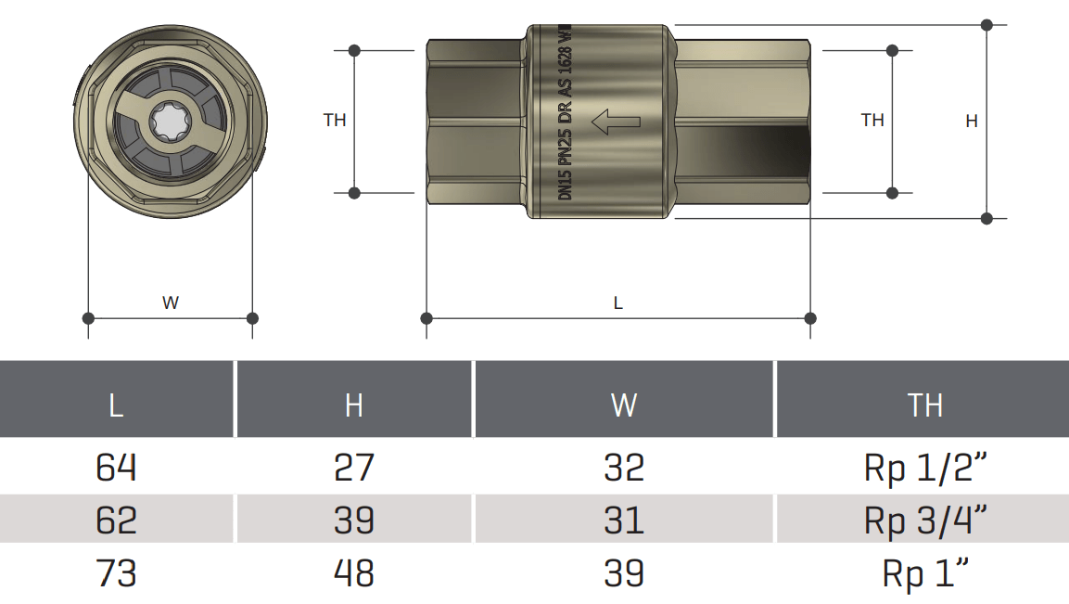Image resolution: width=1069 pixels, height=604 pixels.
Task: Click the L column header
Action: (116, 405)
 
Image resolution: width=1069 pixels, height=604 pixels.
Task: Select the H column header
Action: (353, 405)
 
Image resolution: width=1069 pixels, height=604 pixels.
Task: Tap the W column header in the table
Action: (624, 405)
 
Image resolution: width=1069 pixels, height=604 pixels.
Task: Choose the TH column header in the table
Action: (924, 405)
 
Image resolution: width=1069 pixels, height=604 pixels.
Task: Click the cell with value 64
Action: (116, 467)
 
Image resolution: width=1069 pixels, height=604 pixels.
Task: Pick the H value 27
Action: (353, 467)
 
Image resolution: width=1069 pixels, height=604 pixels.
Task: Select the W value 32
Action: (624, 467)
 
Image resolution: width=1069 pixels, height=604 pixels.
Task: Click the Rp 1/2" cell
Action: (924, 468)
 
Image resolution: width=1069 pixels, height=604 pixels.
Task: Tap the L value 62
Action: (116, 520)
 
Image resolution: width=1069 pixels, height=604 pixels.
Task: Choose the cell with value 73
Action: (116, 573)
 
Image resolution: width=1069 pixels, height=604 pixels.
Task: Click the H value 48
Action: (353, 573)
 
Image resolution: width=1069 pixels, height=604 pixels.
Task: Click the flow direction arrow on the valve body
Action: (616, 121)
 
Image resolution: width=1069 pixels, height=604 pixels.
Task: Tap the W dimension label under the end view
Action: (171, 302)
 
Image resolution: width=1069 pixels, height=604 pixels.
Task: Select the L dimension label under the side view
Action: (618, 303)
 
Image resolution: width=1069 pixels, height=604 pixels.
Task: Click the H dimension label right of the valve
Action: (972, 121)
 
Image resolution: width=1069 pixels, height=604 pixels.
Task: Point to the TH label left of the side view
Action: (335, 120)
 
